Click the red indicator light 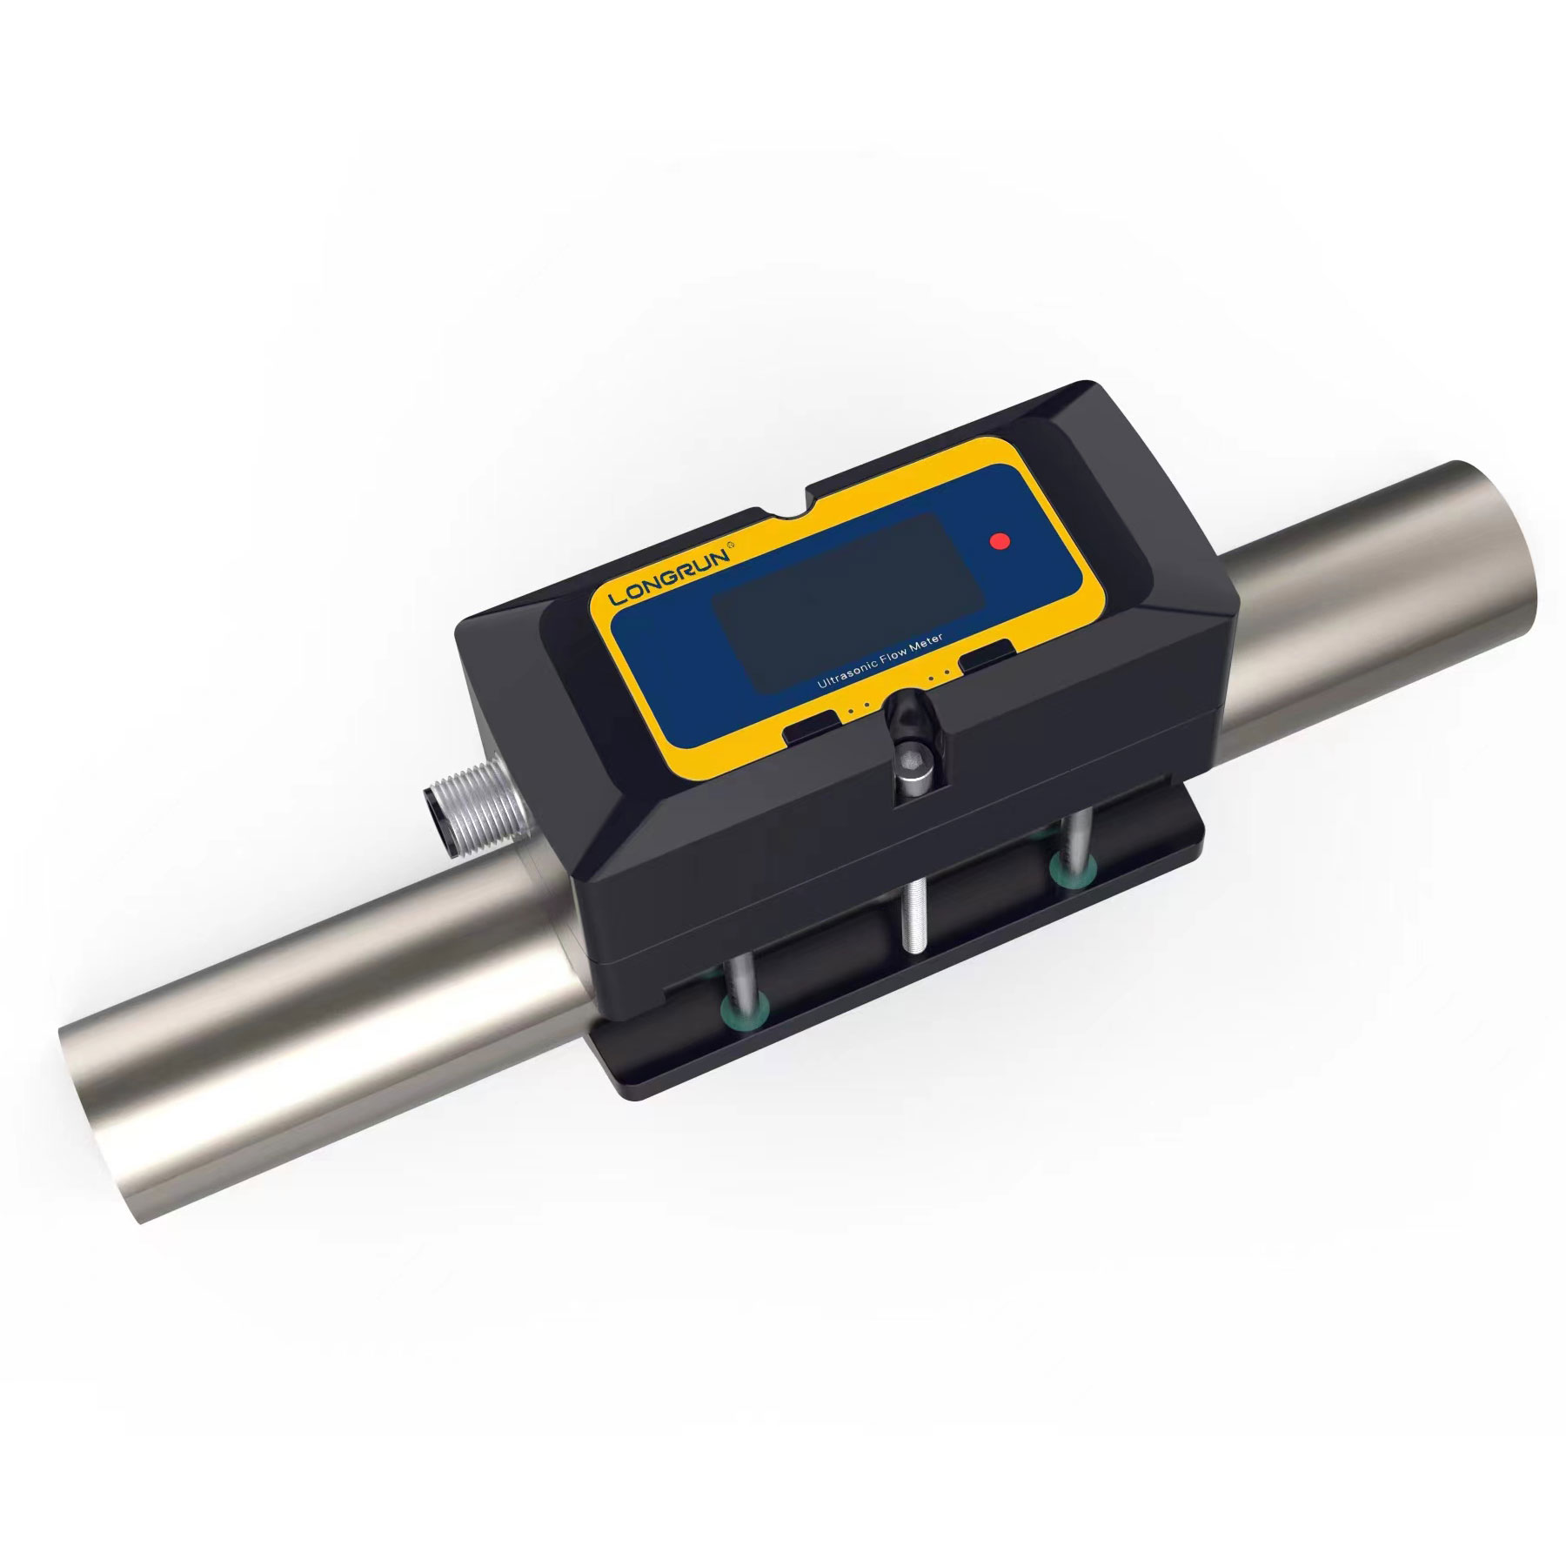tap(1001, 540)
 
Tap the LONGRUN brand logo tap(674, 575)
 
